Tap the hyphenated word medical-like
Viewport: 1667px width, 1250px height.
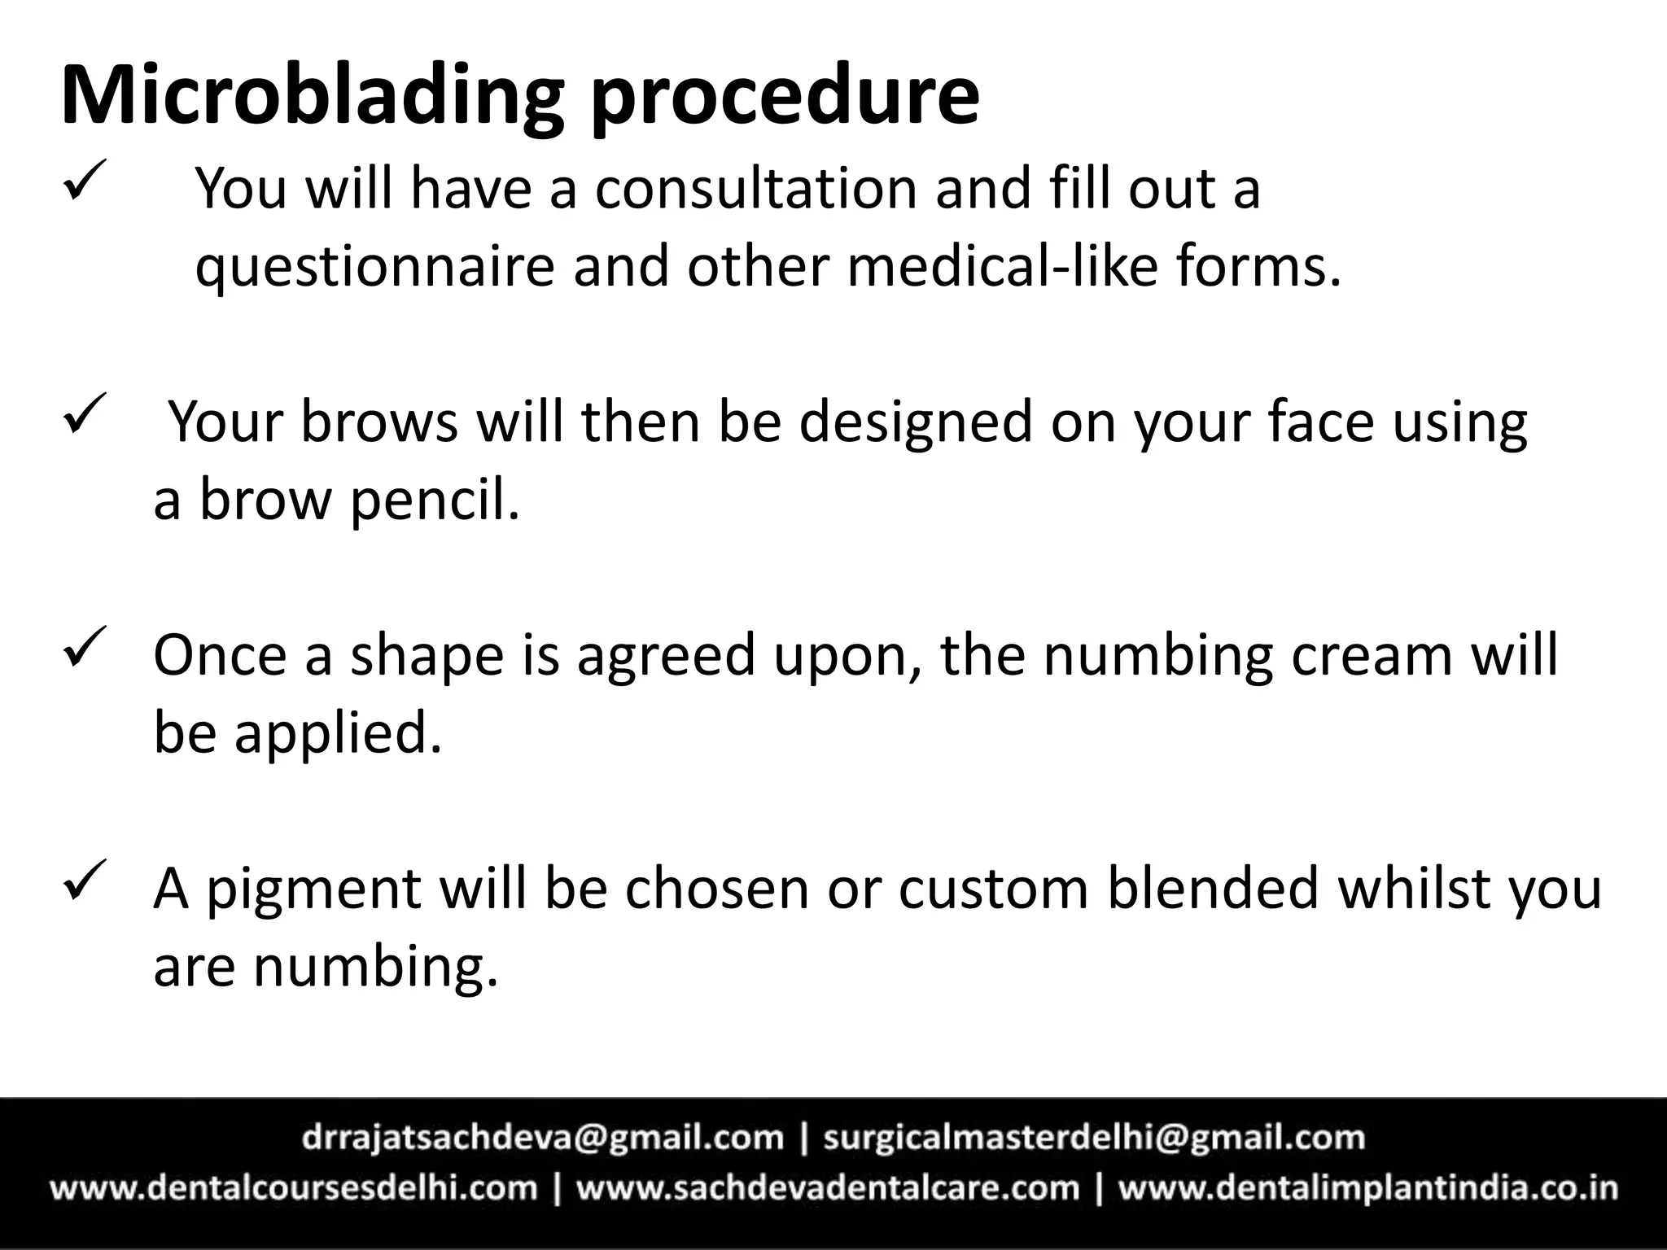1001,266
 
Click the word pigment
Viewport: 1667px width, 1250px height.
313,890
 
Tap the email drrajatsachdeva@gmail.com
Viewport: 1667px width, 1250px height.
542,1137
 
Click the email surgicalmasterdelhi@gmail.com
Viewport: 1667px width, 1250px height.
1093,1137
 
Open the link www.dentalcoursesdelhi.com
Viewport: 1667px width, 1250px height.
294,1188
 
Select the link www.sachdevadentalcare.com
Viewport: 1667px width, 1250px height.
827,1188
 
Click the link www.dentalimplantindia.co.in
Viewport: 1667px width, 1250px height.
1367,1188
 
